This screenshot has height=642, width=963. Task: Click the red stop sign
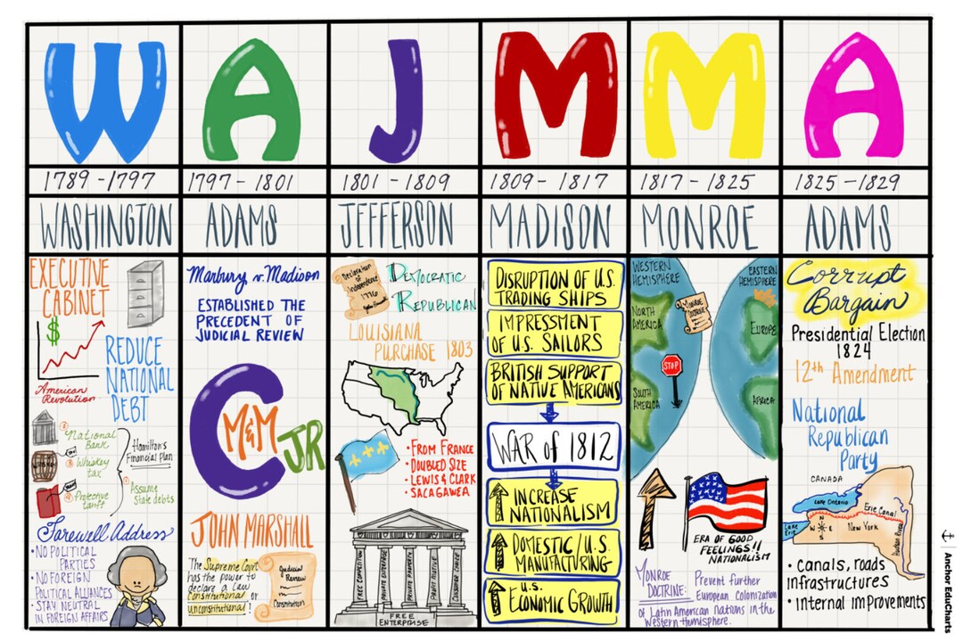(x=671, y=366)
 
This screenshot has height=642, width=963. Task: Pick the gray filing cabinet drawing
(x=144, y=293)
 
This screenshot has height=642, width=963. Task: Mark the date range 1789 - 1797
(x=99, y=182)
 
